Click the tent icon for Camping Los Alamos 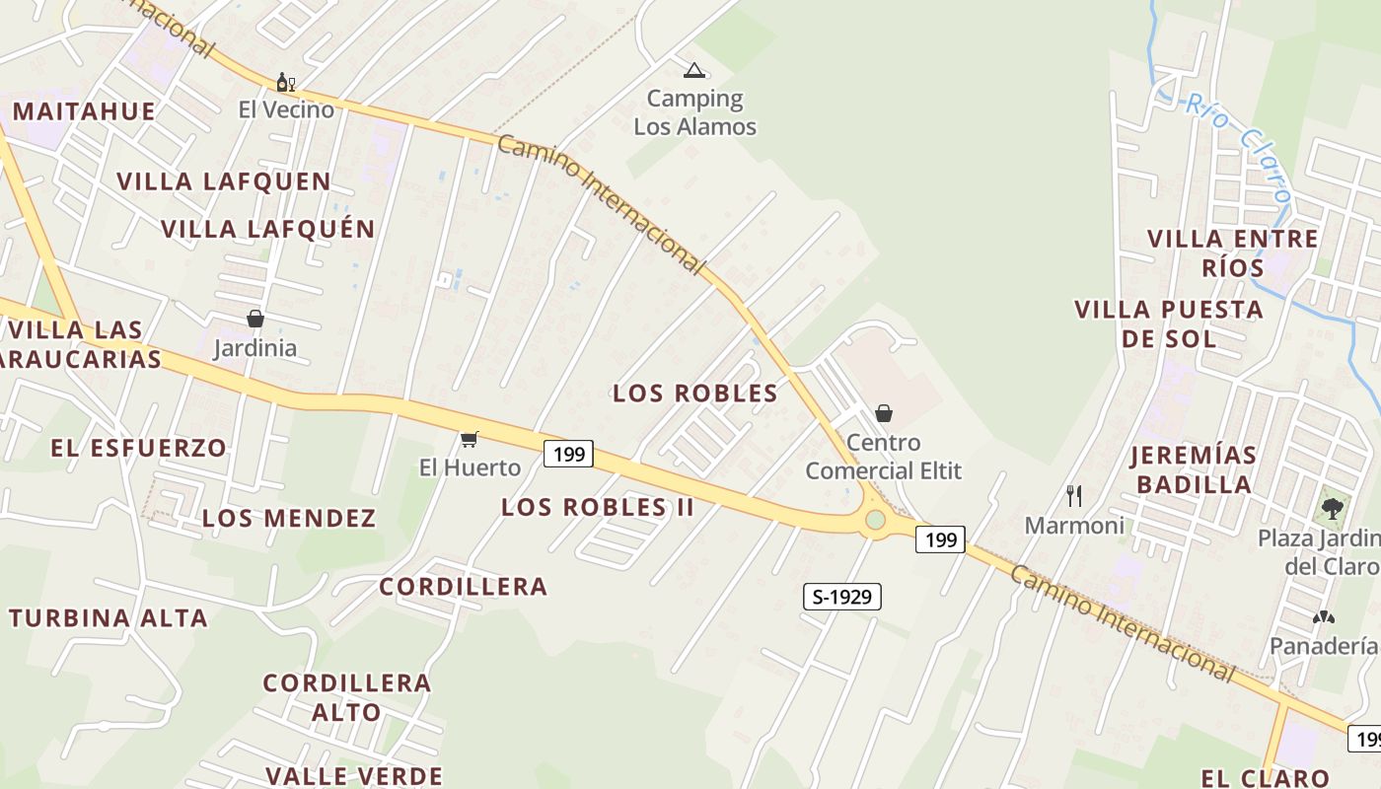[694, 70]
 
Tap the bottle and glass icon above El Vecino [286, 82]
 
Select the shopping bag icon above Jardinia [255, 319]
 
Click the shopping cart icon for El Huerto [470, 439]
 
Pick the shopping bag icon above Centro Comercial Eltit [884, 413]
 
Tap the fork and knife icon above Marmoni [1074, 495]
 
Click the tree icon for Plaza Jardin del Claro [1333, 509]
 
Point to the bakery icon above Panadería [1323, 617]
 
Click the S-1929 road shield [841, 597]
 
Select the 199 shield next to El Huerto [569, 454]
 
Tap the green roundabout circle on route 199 [875, 520]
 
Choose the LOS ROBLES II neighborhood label [598, 508]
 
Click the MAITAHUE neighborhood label [84, 110]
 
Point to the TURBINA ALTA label [109, 619]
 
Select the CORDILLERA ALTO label [347, 697]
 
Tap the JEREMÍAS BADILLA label [1194, 469]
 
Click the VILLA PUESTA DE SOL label [1169, 323]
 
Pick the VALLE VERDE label [354, 776]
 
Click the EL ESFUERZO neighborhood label [139, 448]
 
